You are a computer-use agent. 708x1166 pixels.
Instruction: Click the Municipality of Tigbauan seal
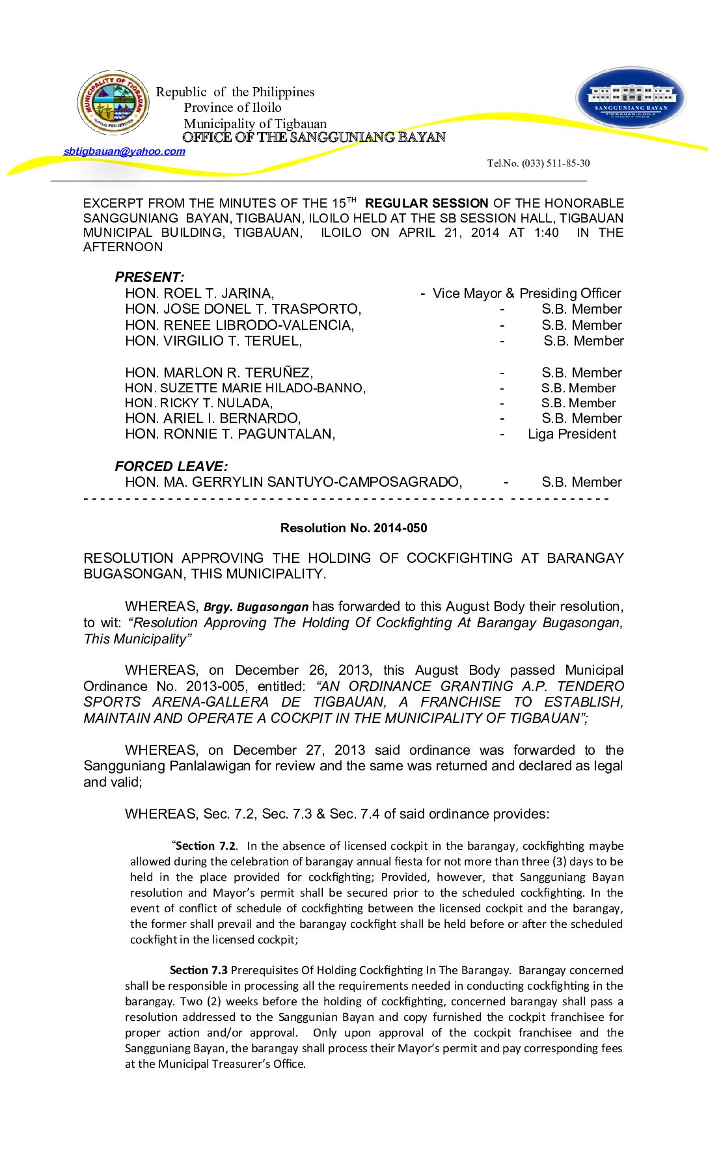(x=113, y=103)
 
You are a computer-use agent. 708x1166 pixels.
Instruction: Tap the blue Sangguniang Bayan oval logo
(x=631, y=98)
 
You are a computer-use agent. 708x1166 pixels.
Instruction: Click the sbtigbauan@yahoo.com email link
(x=124, y=152)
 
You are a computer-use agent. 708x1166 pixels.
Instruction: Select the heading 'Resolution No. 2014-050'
(x=353, y=528)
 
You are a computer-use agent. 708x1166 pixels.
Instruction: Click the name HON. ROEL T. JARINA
(x=199, y=293)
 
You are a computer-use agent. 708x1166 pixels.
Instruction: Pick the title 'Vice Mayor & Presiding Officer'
(x=526, y=293)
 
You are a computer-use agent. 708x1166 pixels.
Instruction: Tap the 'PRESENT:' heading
(x=150, y=277)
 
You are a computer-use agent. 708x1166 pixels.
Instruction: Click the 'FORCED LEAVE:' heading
(x=171, y=467)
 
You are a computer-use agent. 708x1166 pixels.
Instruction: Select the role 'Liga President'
(x=571, y=434)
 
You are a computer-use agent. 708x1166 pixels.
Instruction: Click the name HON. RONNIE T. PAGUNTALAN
(x=230, y=434)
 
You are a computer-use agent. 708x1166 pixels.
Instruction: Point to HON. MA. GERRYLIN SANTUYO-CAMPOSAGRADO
(x=293, y=482)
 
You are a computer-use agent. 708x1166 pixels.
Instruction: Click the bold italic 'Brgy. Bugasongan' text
(x=256, y=607)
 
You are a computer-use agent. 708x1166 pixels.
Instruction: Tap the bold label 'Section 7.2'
(x=206, y=846)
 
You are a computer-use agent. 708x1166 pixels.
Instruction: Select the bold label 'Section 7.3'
(x=198, y=970)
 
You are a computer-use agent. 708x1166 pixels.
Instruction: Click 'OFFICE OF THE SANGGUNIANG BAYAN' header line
(x=314, y=137)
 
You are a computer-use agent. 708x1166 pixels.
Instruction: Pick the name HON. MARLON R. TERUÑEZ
(x=219, y=373)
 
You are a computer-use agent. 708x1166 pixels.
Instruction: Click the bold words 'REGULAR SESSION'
(x=426, y=204)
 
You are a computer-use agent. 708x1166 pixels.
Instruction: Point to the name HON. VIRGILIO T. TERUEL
(x=213, y=341)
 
